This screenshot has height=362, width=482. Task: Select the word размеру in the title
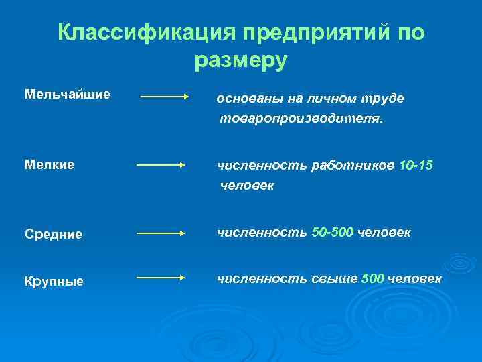[x=241, y=61]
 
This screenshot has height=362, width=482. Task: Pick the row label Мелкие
[x=50, y=164]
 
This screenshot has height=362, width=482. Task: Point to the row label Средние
[x=54, y=234]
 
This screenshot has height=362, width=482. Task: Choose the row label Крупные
[x=54, y=281]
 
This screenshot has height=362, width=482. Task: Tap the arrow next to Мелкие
[x=161, y=164]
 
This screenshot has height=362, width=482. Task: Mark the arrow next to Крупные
[x=161, y=276]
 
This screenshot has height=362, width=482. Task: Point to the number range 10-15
[x=416, y=166]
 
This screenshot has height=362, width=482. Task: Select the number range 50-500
[x=333, y=233]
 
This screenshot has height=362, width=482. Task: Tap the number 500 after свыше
[x=372, y=278]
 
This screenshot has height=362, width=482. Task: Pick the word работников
[x=352, y=166]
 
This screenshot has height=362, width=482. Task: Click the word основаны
[x=250, y=99]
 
